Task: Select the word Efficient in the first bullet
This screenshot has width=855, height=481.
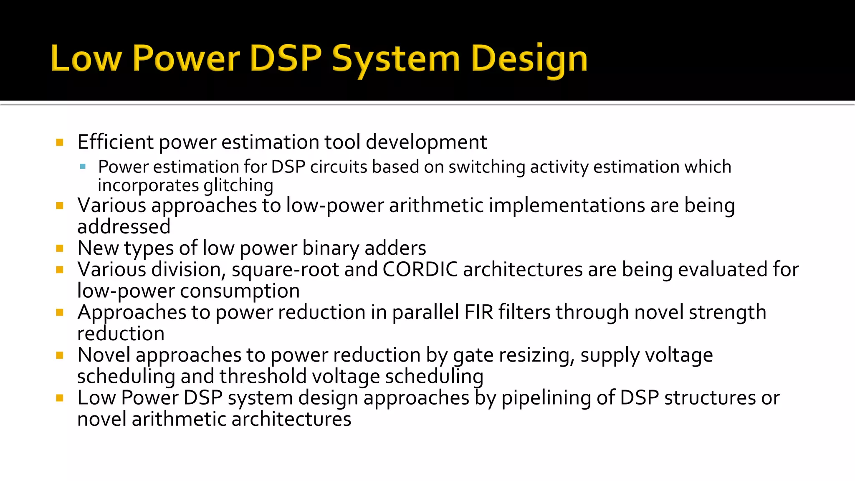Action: click(116, 142)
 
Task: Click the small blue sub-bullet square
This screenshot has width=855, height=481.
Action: click(83, 167)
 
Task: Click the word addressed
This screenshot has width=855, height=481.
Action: click(124, 227)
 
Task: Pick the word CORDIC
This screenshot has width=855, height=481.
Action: click(420, 269)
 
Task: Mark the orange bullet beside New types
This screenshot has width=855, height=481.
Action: click(60, 248)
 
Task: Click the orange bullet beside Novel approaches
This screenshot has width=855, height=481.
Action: click(60, 355)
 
